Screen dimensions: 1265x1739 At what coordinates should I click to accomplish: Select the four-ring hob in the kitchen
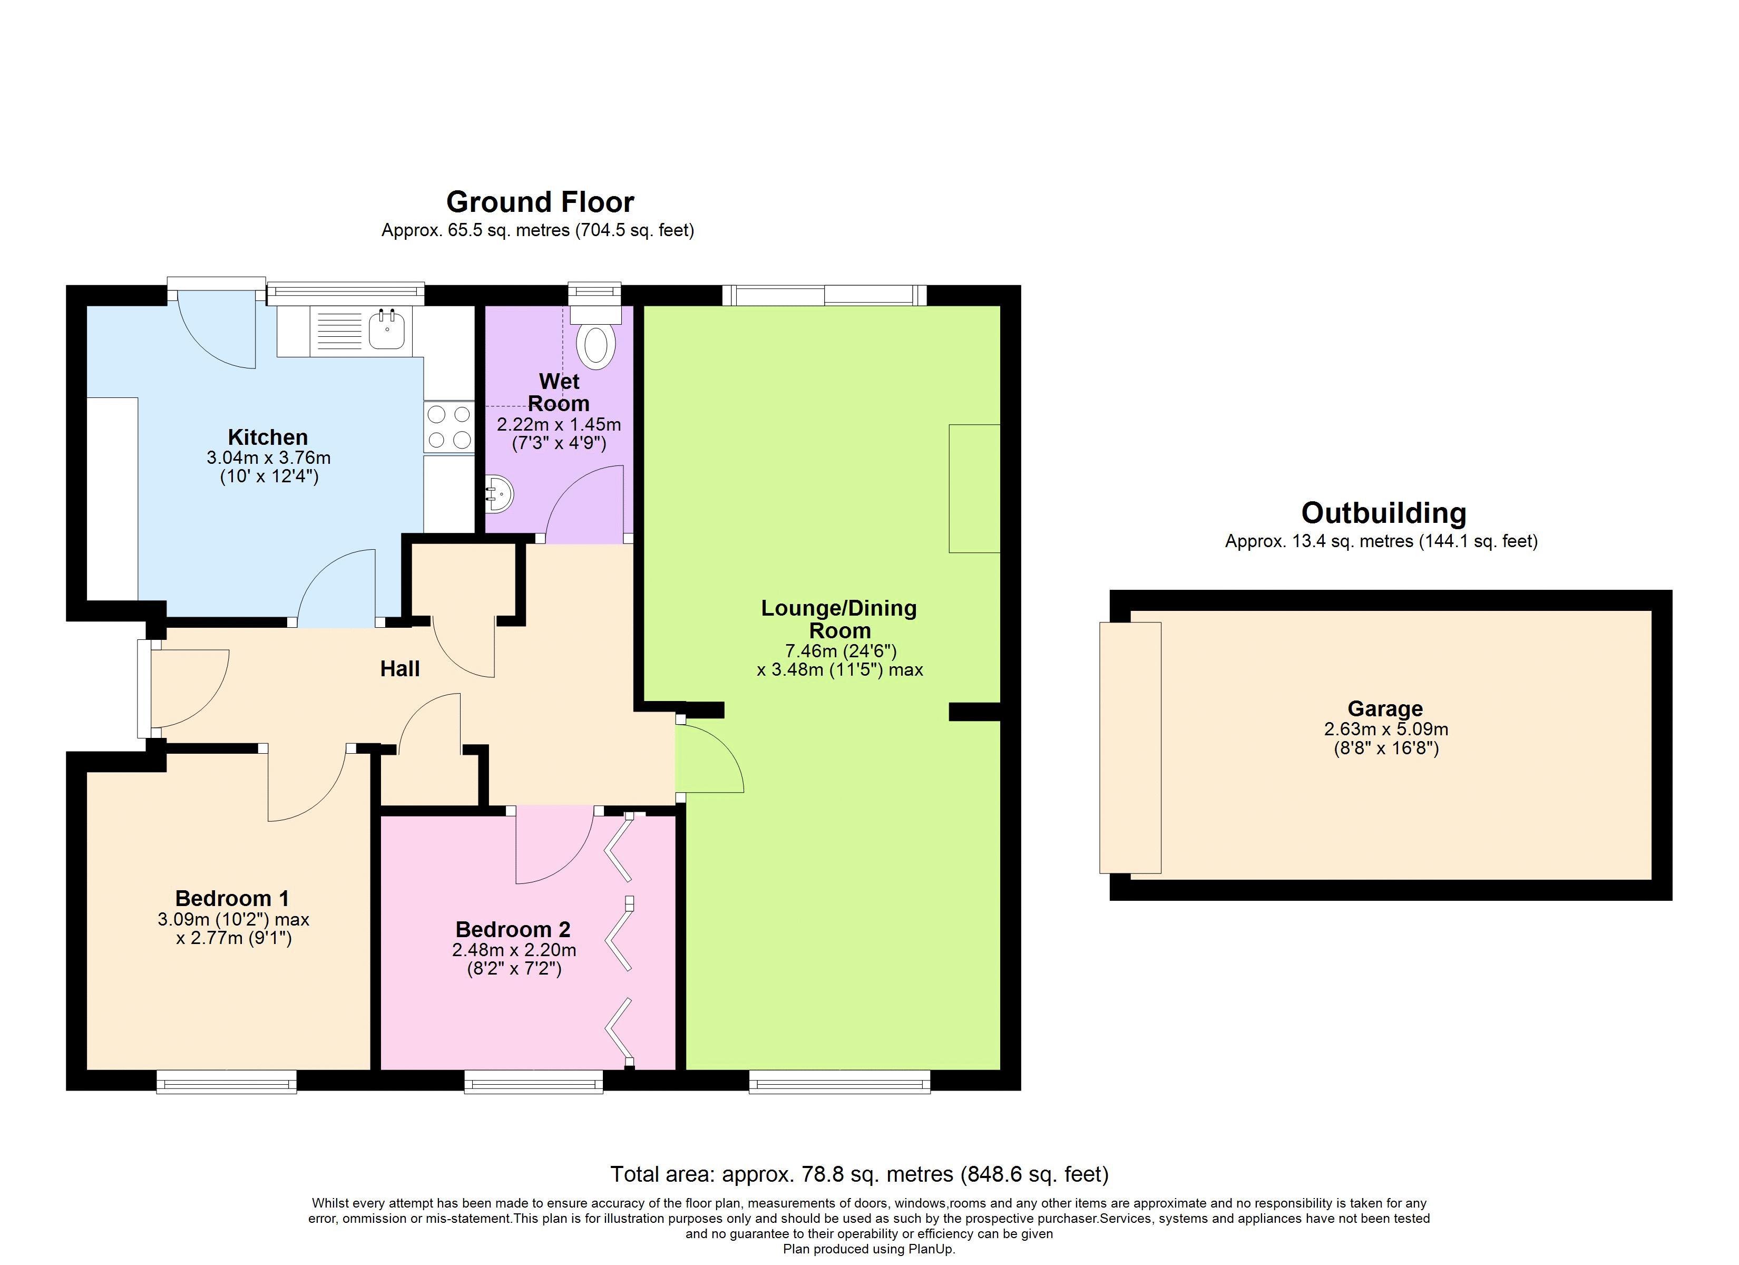pos(448,427)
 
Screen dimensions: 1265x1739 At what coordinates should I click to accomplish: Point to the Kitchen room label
pos(268,437)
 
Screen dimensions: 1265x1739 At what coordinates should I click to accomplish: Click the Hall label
pos(399,669)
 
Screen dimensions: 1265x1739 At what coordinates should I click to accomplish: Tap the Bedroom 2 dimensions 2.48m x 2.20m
pos(514,950)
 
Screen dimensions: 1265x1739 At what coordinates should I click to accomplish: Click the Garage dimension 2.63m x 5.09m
pos(1385,729)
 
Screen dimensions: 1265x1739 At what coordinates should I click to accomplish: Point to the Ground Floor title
pos(540,202)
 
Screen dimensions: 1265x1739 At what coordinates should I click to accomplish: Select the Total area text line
pos(859,1174)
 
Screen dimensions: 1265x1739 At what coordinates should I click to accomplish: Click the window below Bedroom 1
pos(226,1083)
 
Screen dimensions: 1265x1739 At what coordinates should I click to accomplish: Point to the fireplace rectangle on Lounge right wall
pos(974,488)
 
